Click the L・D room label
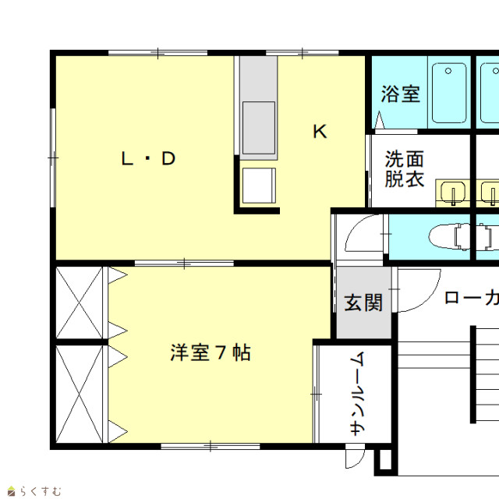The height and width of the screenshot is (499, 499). pos(149,158)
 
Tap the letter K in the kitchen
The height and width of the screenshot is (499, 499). pos(320,132)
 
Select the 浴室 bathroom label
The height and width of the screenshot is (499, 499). pos(401,94)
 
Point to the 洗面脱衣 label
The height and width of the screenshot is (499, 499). pos(405,168)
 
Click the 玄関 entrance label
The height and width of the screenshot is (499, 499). pos(363,303)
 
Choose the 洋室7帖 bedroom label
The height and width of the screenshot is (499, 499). pos(211,352)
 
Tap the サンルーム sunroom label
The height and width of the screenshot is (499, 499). pos(357,393)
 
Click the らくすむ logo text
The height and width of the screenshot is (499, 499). pos(41,491)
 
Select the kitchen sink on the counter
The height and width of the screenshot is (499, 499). pos(259,128)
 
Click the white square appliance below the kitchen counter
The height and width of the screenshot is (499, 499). pos(259,186)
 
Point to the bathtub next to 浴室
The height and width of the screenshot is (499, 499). pos(449,93)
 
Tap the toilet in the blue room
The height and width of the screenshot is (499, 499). pos(449,236)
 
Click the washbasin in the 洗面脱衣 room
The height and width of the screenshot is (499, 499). pos(452,193)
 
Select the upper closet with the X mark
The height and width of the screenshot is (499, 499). pos(80,303)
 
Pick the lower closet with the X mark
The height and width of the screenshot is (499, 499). pos(80,395)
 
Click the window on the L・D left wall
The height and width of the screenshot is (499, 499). pos(53,157)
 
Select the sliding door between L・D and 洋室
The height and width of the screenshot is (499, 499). pos(184,264)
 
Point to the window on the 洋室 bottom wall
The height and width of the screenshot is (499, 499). pos(211,446)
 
